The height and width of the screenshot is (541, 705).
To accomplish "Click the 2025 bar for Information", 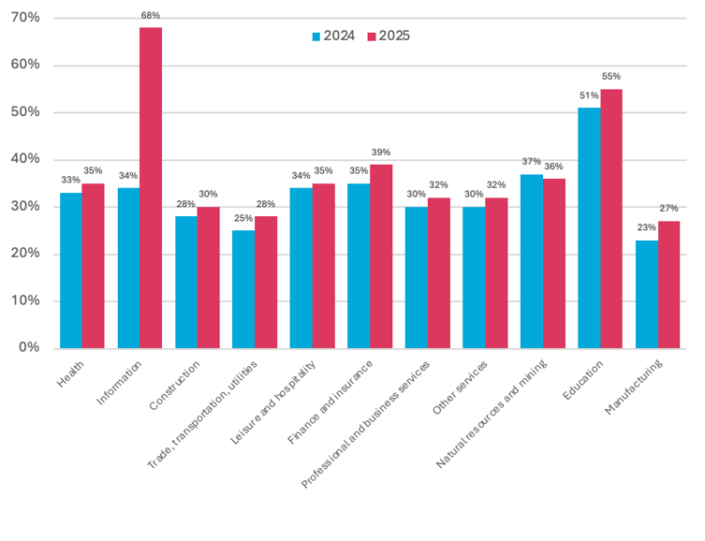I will pyautogui.click(x=151, y=187).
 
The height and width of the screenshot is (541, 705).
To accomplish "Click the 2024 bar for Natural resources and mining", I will pyautogui.click(x=531, y=261).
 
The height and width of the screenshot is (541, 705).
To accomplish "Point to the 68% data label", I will pyautogui.click(x=151, y=16).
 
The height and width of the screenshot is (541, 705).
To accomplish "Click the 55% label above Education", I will pyautogui.click(x=611, y=77).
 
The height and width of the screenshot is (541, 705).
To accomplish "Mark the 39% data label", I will pyautogui.click(x=381, y=153).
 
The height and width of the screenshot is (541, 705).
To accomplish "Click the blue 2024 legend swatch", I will pyautogui.click(x=316, y=37).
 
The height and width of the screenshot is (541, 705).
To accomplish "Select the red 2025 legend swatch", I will pyautogui.click(x=371, y=37).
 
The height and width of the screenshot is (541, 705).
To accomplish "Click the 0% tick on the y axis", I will pyautogui.click(x=29, y=348).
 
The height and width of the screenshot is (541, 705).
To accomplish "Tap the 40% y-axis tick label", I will pyautogui.click(x=25, y=159).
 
